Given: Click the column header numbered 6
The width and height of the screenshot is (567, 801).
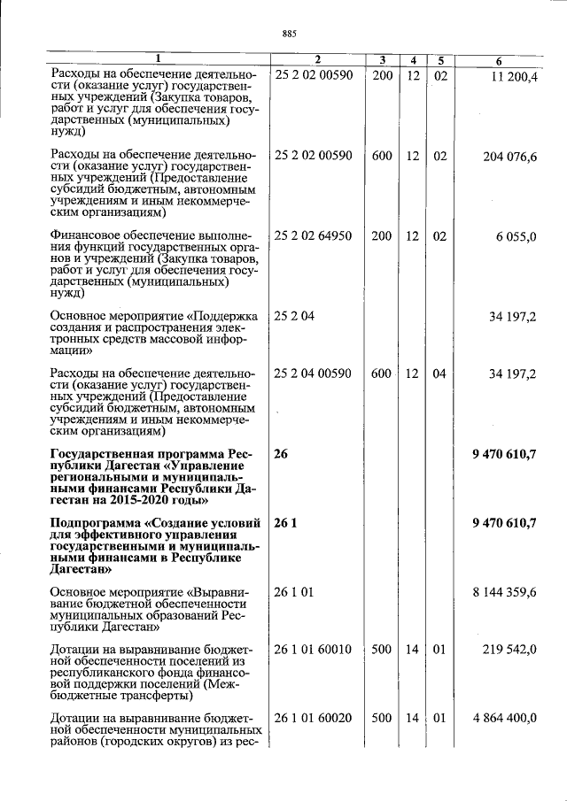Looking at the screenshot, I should point(499,60).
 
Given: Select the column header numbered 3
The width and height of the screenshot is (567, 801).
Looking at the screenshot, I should point(382,60).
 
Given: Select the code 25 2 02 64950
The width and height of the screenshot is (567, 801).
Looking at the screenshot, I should point(314,236).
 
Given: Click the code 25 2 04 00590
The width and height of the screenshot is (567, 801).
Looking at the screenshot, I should point(314,374).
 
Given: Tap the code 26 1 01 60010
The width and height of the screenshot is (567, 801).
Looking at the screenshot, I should point(314,650).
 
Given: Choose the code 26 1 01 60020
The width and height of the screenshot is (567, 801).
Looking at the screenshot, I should point(314,718).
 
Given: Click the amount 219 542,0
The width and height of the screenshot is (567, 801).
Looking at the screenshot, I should point(509,650).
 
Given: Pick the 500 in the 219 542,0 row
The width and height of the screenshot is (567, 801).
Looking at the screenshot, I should point(382,650).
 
